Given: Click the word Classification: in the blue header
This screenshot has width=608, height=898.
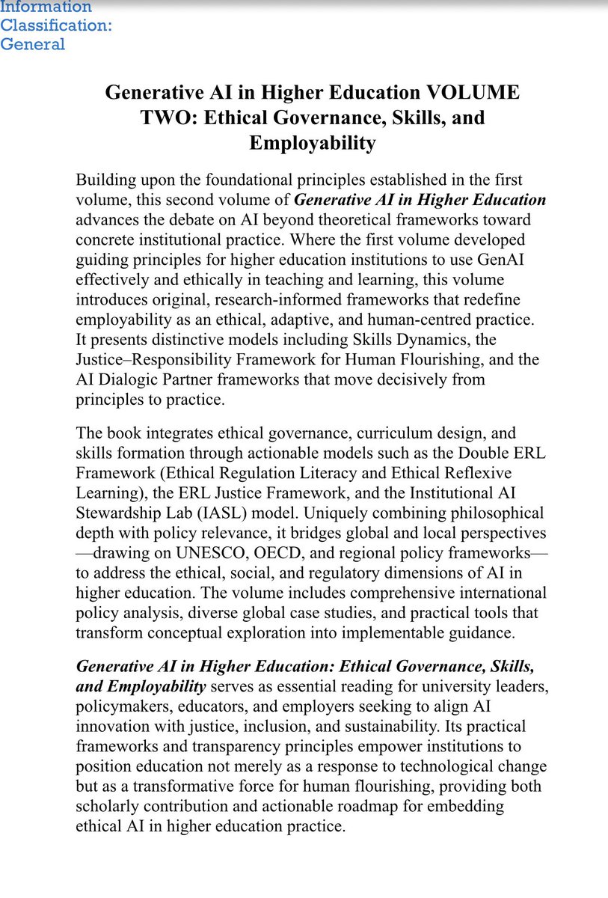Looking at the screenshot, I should coord(56,25).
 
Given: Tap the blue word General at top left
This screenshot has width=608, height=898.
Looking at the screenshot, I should coord(32,44).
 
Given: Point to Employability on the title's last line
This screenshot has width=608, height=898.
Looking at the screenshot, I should coord(312,142).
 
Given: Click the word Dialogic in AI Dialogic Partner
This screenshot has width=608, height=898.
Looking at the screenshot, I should coord(129,379).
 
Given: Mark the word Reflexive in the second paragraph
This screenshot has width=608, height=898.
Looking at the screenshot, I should coord(482,474).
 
